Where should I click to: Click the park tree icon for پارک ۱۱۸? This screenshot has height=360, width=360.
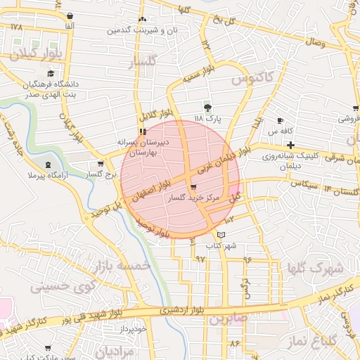coord(208,107)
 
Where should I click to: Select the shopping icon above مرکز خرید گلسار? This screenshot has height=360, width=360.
coord(193,188)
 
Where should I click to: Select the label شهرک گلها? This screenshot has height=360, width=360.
coord(316,268)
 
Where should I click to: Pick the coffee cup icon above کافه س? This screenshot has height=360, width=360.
coord(280,120)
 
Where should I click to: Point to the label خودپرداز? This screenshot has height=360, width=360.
coord(131,329)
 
